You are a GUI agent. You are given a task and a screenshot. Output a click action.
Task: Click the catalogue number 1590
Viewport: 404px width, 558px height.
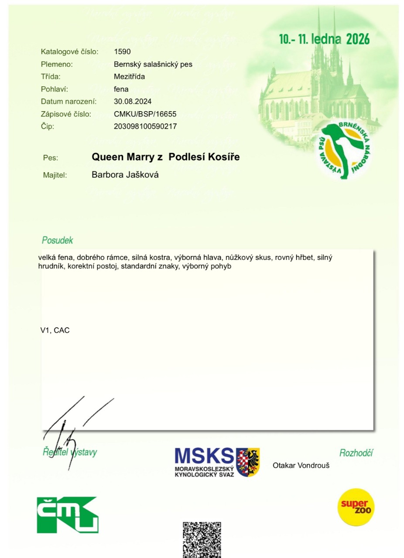tap(122, 51)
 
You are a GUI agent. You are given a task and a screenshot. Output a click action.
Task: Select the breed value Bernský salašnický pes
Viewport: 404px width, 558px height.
tap(153, 64)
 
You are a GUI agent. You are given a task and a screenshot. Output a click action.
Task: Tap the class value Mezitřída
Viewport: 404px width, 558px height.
tap(129, 77)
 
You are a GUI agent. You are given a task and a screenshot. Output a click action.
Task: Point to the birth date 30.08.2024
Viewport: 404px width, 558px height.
tap(133, 102)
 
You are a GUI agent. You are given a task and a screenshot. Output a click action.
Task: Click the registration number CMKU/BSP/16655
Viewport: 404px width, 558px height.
tap(145, 114)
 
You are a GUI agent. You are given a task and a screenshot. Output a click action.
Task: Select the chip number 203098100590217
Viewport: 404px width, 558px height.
tap(145, 126)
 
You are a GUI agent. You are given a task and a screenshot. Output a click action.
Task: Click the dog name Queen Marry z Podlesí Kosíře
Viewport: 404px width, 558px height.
tap(165, 157)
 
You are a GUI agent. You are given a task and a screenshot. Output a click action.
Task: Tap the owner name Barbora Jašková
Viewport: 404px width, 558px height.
tap(125, 175)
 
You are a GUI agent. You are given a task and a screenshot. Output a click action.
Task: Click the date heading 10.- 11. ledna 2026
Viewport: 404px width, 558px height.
tap(324, 40)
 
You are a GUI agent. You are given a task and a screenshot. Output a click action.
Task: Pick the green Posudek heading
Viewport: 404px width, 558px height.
tap(57, 240)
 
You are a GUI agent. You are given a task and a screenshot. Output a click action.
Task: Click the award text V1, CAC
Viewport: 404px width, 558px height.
tap(55, 330)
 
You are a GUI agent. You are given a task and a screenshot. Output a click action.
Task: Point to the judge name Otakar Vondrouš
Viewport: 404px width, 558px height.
tap(301, 466)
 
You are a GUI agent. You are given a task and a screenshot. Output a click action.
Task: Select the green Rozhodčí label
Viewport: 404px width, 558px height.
tap(356, 453)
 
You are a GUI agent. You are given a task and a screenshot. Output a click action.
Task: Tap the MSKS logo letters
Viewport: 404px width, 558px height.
tap(204, 456)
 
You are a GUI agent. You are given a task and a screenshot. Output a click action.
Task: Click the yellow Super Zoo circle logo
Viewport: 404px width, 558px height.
tap(356, 507)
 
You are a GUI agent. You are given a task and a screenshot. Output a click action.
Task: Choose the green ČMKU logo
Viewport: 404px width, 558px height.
tap(67, 514)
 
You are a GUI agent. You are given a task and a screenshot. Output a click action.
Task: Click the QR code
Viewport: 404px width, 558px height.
tap(202, 540)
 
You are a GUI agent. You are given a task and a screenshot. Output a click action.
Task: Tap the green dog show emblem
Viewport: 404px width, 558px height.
tap(348, 150)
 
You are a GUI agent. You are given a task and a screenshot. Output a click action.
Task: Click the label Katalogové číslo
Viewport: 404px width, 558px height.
tap(69, 51)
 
